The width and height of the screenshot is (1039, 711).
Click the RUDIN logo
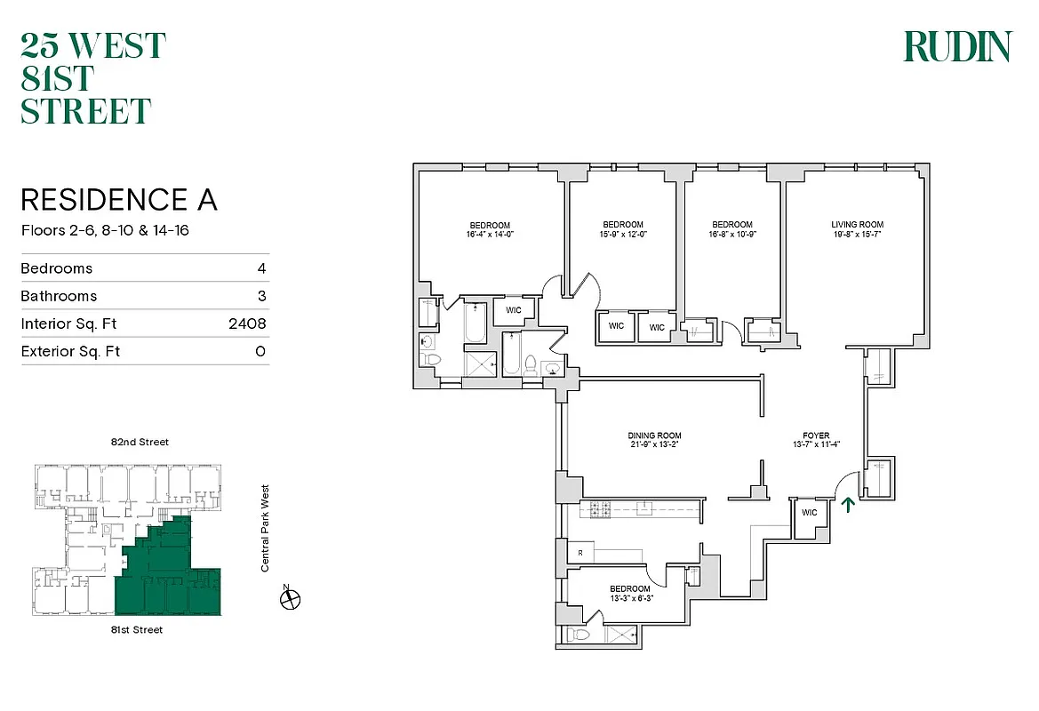coord(957,46)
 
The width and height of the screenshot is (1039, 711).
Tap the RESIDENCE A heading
coord(118,199)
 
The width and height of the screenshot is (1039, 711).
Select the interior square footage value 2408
coord(247,324)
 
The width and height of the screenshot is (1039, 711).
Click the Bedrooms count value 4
coord(261,268)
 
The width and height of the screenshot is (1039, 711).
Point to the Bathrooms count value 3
coord(261,296)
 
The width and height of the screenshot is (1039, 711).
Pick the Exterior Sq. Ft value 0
coord(260,351)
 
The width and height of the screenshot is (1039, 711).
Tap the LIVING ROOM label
coord(857,225)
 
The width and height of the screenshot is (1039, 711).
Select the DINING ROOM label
coord(656,435)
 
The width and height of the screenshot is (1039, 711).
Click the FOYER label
coord(815,435)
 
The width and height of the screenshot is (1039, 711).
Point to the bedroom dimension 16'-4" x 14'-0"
coord(490,235)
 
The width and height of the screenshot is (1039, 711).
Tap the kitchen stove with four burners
coord(595,509)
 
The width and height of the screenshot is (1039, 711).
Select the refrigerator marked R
coord(579,553)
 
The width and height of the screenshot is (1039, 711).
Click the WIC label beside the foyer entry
coord(809,513)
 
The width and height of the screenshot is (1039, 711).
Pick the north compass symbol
coord(290,599)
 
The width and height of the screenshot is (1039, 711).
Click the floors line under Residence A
coord(105,230)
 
